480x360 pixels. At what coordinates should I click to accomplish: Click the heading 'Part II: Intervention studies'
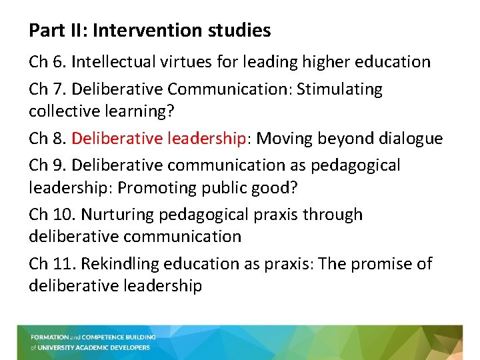(150, 31)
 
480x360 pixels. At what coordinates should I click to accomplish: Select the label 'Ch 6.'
(47, 62)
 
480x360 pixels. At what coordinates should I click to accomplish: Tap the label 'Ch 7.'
(47, 89)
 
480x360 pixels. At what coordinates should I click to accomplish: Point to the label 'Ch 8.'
(47, 138)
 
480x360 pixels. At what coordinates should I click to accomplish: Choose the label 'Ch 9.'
(47, 165)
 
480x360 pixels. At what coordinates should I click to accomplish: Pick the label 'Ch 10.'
(52, 215)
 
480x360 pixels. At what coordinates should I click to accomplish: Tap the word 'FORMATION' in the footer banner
(50, 337)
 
